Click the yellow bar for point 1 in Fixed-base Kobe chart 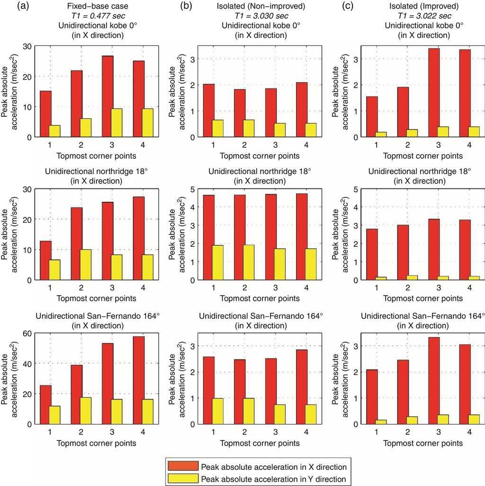click(54, 131)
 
